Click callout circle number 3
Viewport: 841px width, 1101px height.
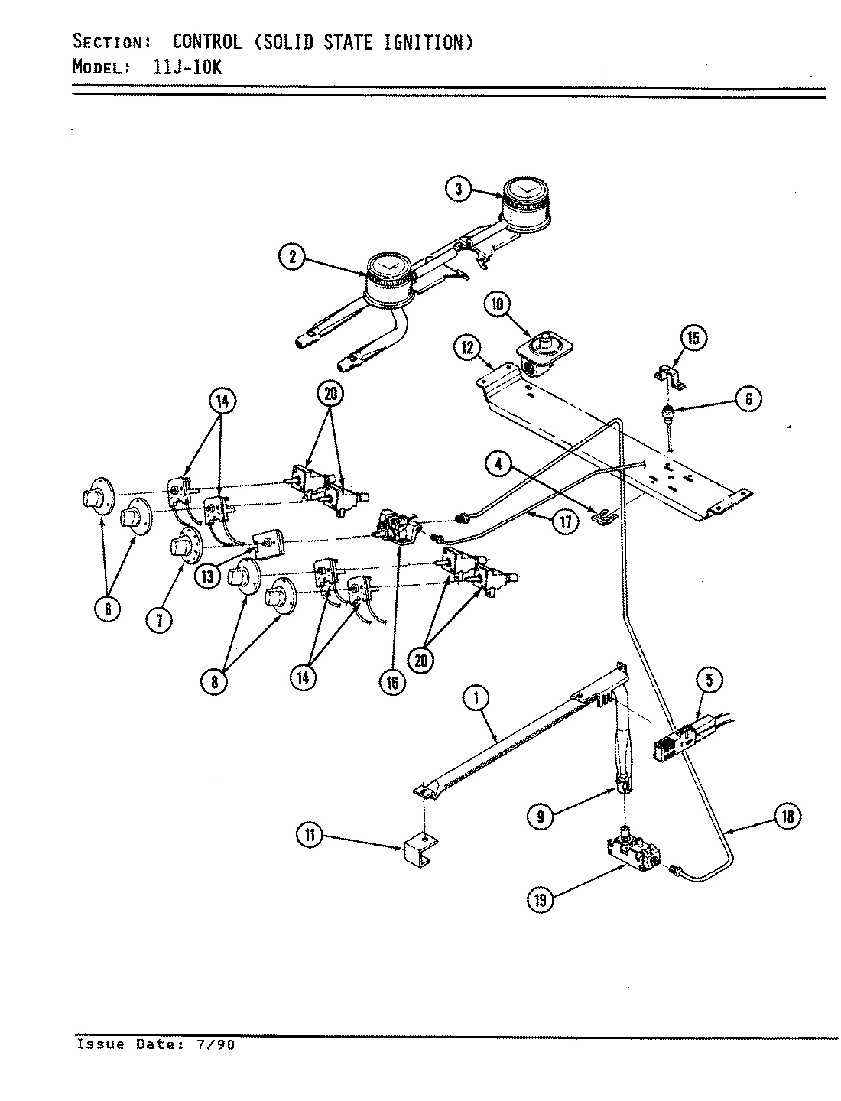pos(458,190)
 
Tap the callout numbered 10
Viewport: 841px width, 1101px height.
pos(497,305)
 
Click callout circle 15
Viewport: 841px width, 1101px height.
pos(694,339)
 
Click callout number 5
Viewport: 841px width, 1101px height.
pos(709,680)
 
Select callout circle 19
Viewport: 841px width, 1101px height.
pos(541,900)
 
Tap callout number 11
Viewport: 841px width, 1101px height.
pos(309,836)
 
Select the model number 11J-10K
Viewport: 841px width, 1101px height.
pos(183,67)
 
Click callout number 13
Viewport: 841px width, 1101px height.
pos(207,576)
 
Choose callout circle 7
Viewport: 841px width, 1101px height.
pos(158,620)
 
